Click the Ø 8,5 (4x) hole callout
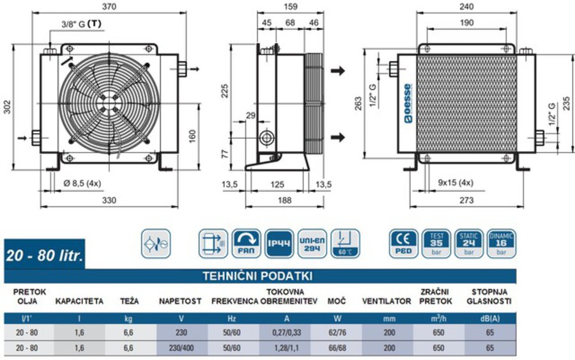pos(82,183)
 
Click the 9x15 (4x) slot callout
pos(456,182)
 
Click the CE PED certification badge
pos(403,244)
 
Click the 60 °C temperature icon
pos(345,243)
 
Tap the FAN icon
pos(246,243)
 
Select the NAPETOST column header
pos(181,301)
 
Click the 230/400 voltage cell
pos(181,348)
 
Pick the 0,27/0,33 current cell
pos(285,332)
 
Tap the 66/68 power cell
pos(336,348)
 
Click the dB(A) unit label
pos(490,318)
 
